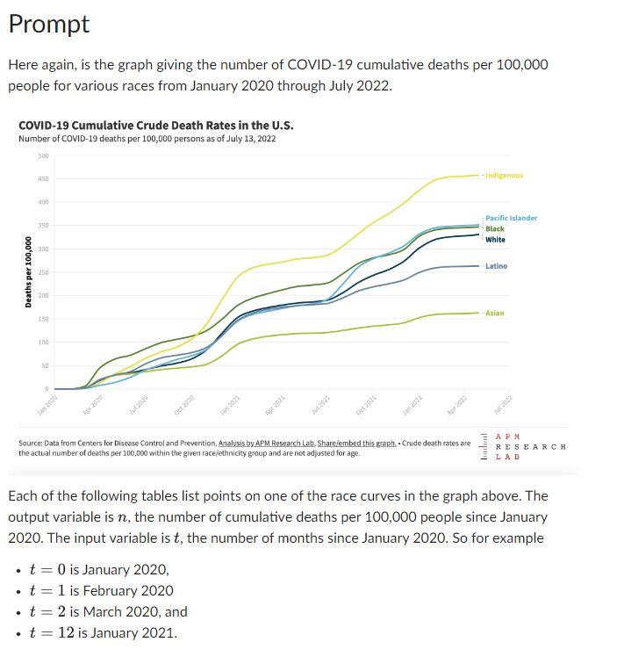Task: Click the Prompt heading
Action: pyautogui.click(x=48, y=25)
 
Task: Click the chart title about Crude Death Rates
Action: pyautogui.click(x=156, y=125)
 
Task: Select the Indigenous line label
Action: pyautogui.click(x=504, y=176)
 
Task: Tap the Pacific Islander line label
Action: pyautogui.click(x=511, y=218)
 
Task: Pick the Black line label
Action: pyautogui.click(x=495, y=228)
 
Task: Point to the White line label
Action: pyautogui.click(x=495, y=240)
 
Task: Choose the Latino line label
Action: pyautogui.click(x=496, y=266)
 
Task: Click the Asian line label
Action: pyautogui.click(x=495, y=314)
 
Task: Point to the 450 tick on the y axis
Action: pyautogui.click(x=43, y=179)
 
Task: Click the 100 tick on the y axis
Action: pyautogui.click(x=43, y=343)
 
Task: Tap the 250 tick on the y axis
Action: pyautogui.click(x=43, y=273)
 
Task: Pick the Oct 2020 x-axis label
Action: pyautogui.click(x=183, y=405)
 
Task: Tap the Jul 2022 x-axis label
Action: pyautogui.click(x=503, y=405)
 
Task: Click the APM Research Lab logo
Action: pyautogui.click(x=523, y=446)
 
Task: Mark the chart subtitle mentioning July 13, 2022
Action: pyautogui.click(x=147, y=139)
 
